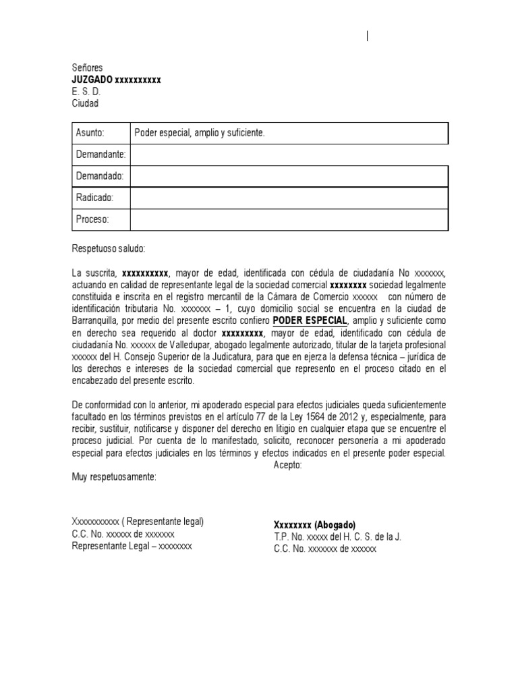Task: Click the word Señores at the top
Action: (x=87, y=68)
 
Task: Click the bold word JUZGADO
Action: (x=92, y=80)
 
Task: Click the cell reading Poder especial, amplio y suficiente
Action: (x=200, y=134)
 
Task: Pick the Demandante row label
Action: (x=100, y=155)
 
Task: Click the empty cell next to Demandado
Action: (x=288, y=176)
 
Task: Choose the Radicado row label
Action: (x=94, y=198)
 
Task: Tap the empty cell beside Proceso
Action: (x=288, y=219)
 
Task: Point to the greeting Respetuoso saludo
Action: (x=108, y=248)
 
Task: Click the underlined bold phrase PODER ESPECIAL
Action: (x=310, y=321)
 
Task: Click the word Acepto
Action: (x=289, y=465)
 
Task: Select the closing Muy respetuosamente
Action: (x=113, y=477)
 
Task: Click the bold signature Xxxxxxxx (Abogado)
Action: (x=314, y=525)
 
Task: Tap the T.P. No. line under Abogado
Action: (x=337, y=537)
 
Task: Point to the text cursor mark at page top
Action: (x=368, y=37)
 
